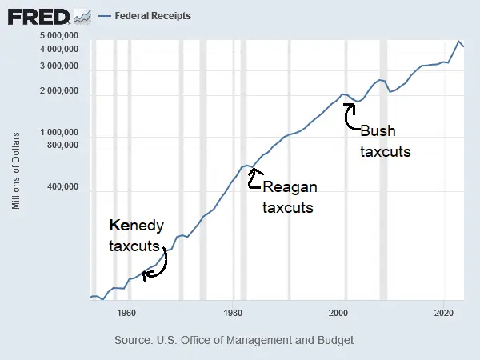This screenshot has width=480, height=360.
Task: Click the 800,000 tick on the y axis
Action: coord(61,146)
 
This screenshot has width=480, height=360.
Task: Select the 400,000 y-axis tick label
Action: coord(61,188)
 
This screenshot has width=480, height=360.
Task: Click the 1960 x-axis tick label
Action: coord(126,313)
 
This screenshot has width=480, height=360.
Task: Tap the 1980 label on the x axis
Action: coord(233,313)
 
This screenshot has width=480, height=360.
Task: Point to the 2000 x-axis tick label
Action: coord(339,313)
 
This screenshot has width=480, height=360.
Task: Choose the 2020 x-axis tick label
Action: coord(445,313)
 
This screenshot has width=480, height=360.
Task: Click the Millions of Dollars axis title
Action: coord(17,172)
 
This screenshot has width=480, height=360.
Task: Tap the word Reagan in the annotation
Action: coord(290,188)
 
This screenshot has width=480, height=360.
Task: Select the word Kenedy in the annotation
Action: coord(135,226)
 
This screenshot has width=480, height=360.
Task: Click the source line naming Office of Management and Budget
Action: coord(234,340)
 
